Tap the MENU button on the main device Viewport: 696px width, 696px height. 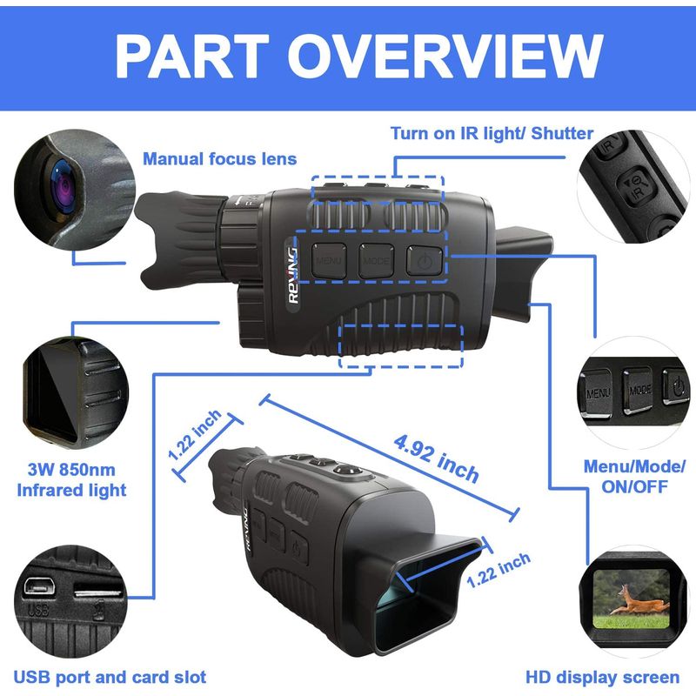click(x=330, y=259)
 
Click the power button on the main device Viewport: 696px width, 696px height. click(x=425, y=259)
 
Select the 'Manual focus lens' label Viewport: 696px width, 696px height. click(x=219, y=158)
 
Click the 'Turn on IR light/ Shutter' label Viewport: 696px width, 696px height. click(x=492, y=133)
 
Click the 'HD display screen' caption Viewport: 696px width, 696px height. click(x=602, y=676)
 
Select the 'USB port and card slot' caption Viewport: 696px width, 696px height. click(x=108, y=676)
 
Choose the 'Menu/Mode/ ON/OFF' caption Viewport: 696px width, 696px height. click(x=633, y=477)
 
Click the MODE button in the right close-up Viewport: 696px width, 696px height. click(x=640, y=390)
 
